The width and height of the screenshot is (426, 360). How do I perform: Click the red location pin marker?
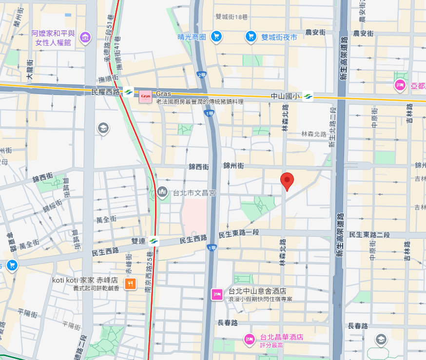tap(288, 181)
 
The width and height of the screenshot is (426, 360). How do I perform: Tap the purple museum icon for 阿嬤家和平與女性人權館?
tap(85, 37)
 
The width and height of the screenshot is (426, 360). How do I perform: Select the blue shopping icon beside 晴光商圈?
tap(216, 37)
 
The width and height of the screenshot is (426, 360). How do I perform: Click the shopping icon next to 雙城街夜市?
tap(251, 37)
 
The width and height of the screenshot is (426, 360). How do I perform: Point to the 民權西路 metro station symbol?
tap(128, 92)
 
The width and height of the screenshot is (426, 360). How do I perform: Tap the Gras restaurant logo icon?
tap(145, 96)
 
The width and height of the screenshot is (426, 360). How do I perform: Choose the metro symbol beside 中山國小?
tap(308, 96)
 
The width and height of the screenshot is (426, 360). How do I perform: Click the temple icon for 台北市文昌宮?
tap(162, 192)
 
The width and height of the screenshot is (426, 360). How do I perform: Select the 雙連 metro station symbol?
tap(154, 240)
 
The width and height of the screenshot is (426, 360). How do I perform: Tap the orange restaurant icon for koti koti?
tap(130, 284)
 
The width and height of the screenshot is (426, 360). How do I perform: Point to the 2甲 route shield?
tap(202, 75)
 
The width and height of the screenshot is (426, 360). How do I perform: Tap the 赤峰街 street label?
tap(128, 264)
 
